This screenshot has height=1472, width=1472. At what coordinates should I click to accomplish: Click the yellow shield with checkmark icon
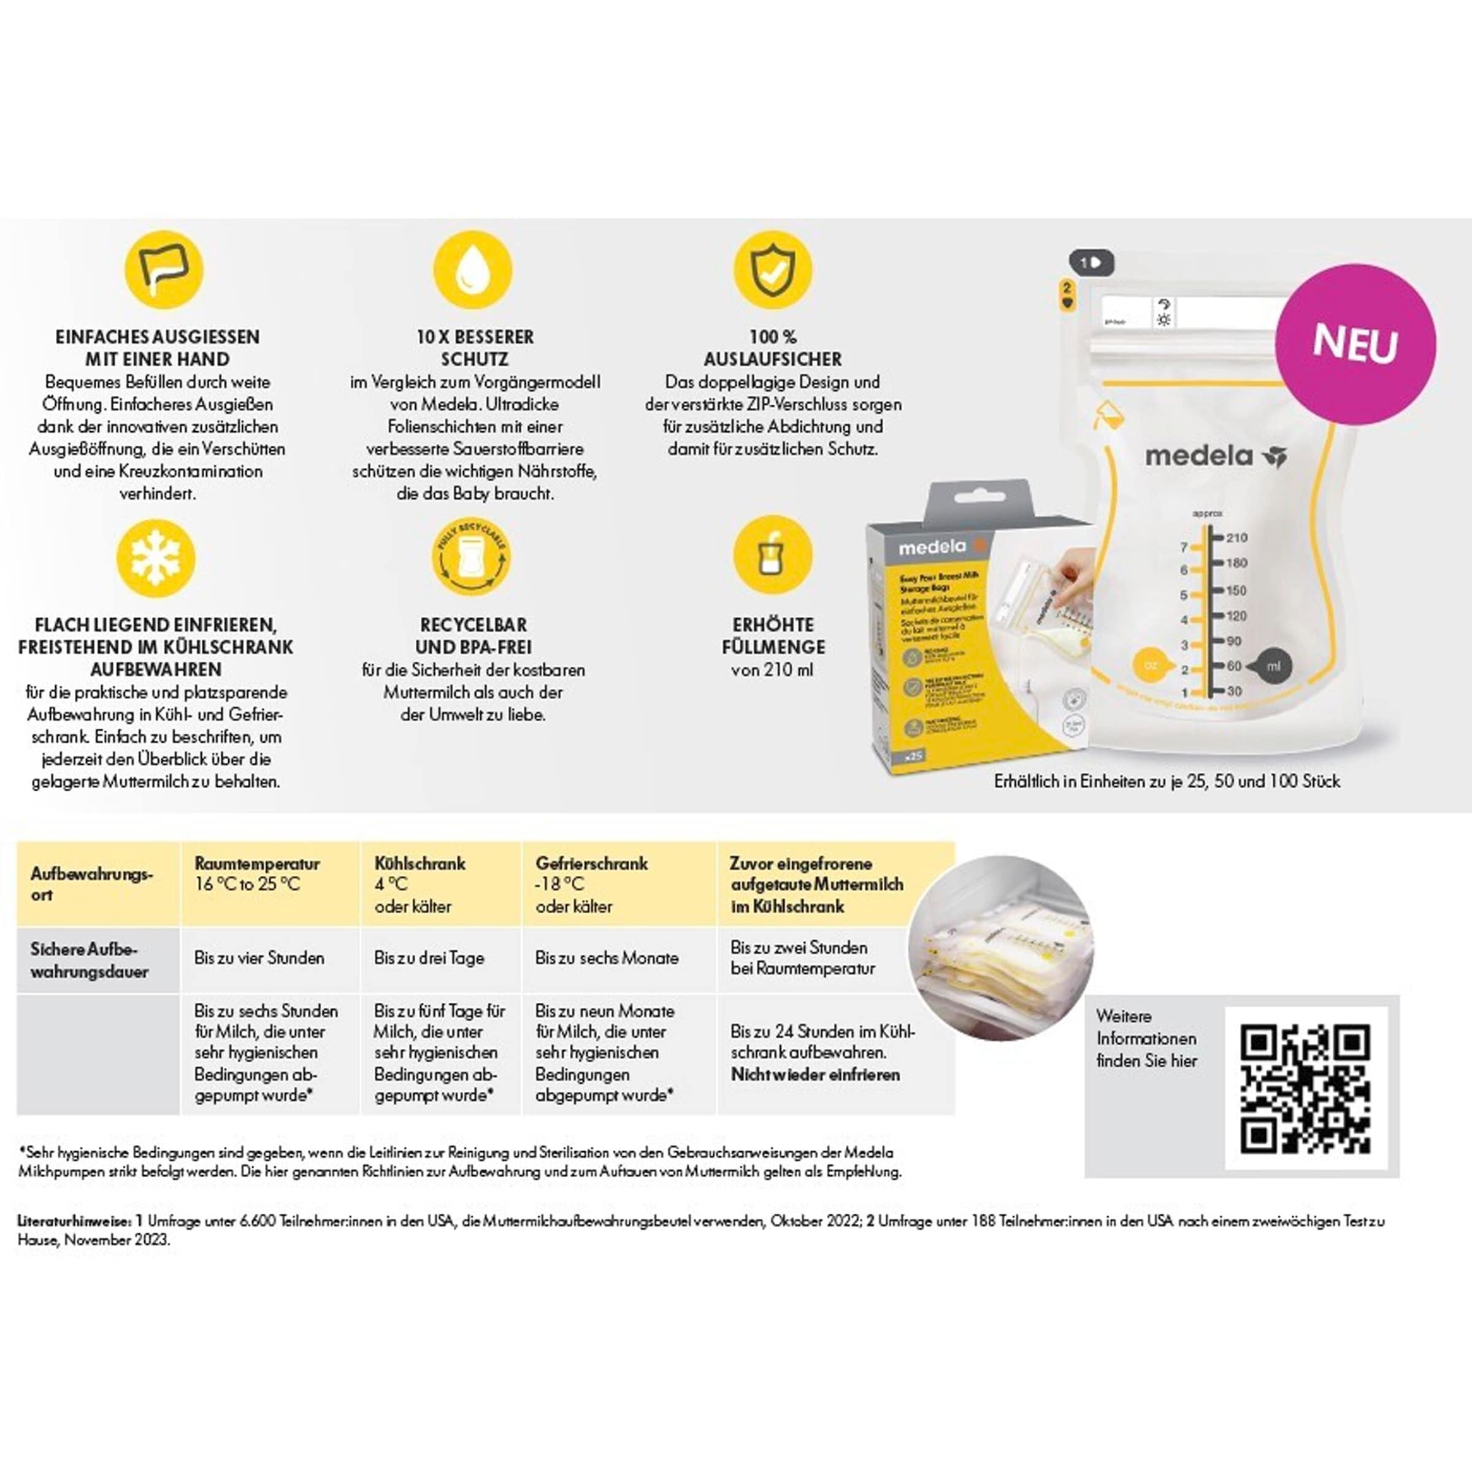pos(773,270)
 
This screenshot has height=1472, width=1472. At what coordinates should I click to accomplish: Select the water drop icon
pos(472,270)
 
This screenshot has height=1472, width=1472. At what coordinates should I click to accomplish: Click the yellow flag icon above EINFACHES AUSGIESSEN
pos(164,270)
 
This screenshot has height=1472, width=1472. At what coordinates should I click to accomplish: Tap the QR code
pos(1305,1089)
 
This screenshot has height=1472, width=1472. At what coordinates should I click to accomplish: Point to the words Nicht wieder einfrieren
pos(815,1075)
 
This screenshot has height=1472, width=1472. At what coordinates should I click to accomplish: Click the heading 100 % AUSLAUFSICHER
pos(773,347)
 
